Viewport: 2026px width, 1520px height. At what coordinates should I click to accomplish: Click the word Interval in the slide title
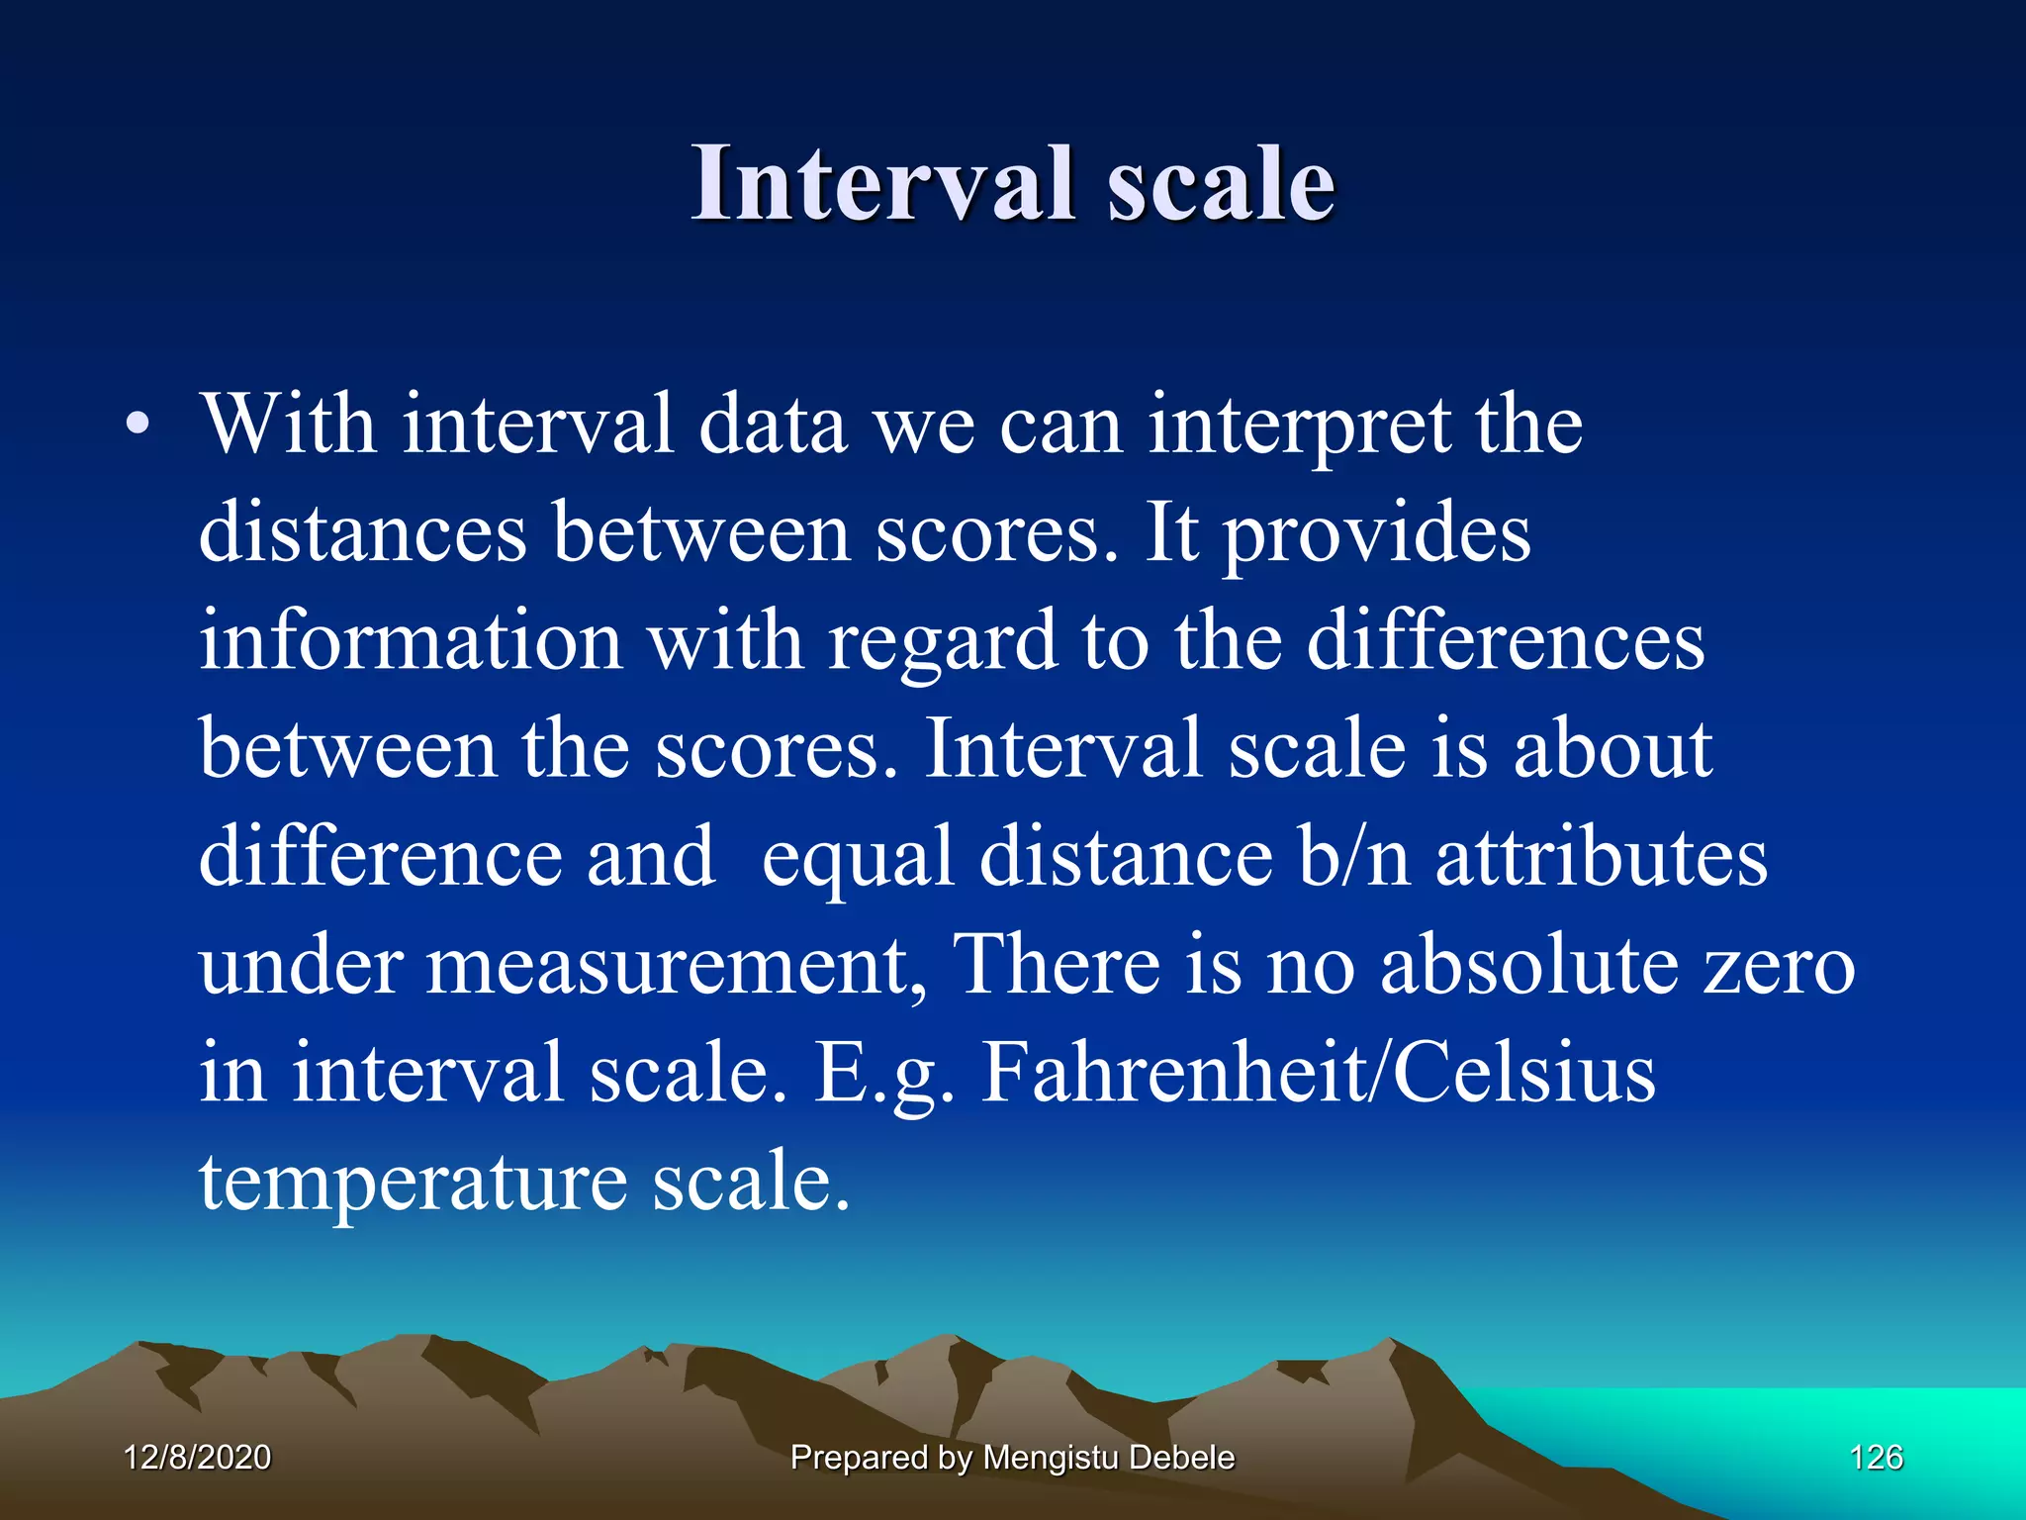coord(882,184)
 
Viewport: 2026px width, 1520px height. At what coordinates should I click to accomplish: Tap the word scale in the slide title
coord(1221,184)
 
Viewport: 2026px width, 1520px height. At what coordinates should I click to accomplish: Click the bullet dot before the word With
coord(138,426)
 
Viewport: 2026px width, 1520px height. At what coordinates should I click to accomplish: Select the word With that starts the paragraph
coord(288,426)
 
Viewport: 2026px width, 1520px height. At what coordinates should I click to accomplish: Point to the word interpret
coord(1299,427)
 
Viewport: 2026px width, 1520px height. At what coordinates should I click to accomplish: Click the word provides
coord(1376,535)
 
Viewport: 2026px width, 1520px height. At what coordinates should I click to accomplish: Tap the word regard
coord(943,644)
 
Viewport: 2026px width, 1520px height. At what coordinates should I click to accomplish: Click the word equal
coord(858,859)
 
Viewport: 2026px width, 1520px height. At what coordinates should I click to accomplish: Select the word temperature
coord(413,1183)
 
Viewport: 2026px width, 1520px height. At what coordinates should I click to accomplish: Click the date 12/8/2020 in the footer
coord(198,1457)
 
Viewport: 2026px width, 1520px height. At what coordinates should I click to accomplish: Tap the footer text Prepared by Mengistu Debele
coord(1012,1458)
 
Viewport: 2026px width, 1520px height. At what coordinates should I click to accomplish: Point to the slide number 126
coord(1876,1457)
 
